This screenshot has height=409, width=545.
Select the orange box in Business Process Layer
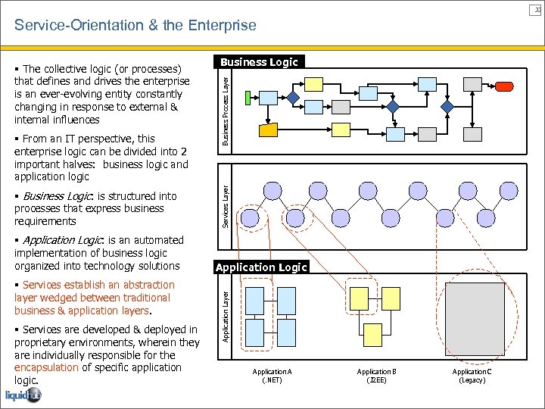269,130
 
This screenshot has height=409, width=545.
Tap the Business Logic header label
260,62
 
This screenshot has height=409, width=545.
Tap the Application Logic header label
261,267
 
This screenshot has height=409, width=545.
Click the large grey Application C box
475,315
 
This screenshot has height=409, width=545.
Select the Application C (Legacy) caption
472,376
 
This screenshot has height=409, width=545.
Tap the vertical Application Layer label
226,311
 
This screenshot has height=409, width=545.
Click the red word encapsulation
46,367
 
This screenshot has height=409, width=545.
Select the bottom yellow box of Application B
373,331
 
